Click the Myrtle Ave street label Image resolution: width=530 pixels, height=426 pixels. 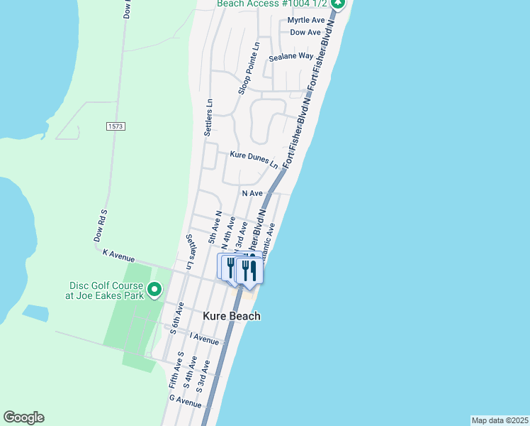306,21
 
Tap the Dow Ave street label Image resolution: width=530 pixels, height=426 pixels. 306,33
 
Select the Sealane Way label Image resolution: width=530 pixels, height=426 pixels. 291,56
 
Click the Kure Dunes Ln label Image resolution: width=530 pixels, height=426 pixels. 254,158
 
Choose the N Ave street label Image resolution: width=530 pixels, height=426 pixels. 252,193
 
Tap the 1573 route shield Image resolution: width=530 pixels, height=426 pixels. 115,126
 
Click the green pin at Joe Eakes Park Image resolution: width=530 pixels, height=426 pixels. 154,290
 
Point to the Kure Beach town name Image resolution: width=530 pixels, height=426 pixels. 232,316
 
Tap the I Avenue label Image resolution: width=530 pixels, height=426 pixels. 204,340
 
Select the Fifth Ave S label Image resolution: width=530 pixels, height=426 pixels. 176,368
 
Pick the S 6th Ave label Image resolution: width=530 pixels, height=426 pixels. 178,317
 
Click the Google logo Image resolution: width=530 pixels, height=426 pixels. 23,417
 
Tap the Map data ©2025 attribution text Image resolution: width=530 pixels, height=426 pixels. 500,420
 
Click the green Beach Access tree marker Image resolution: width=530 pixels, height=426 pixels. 338,4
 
